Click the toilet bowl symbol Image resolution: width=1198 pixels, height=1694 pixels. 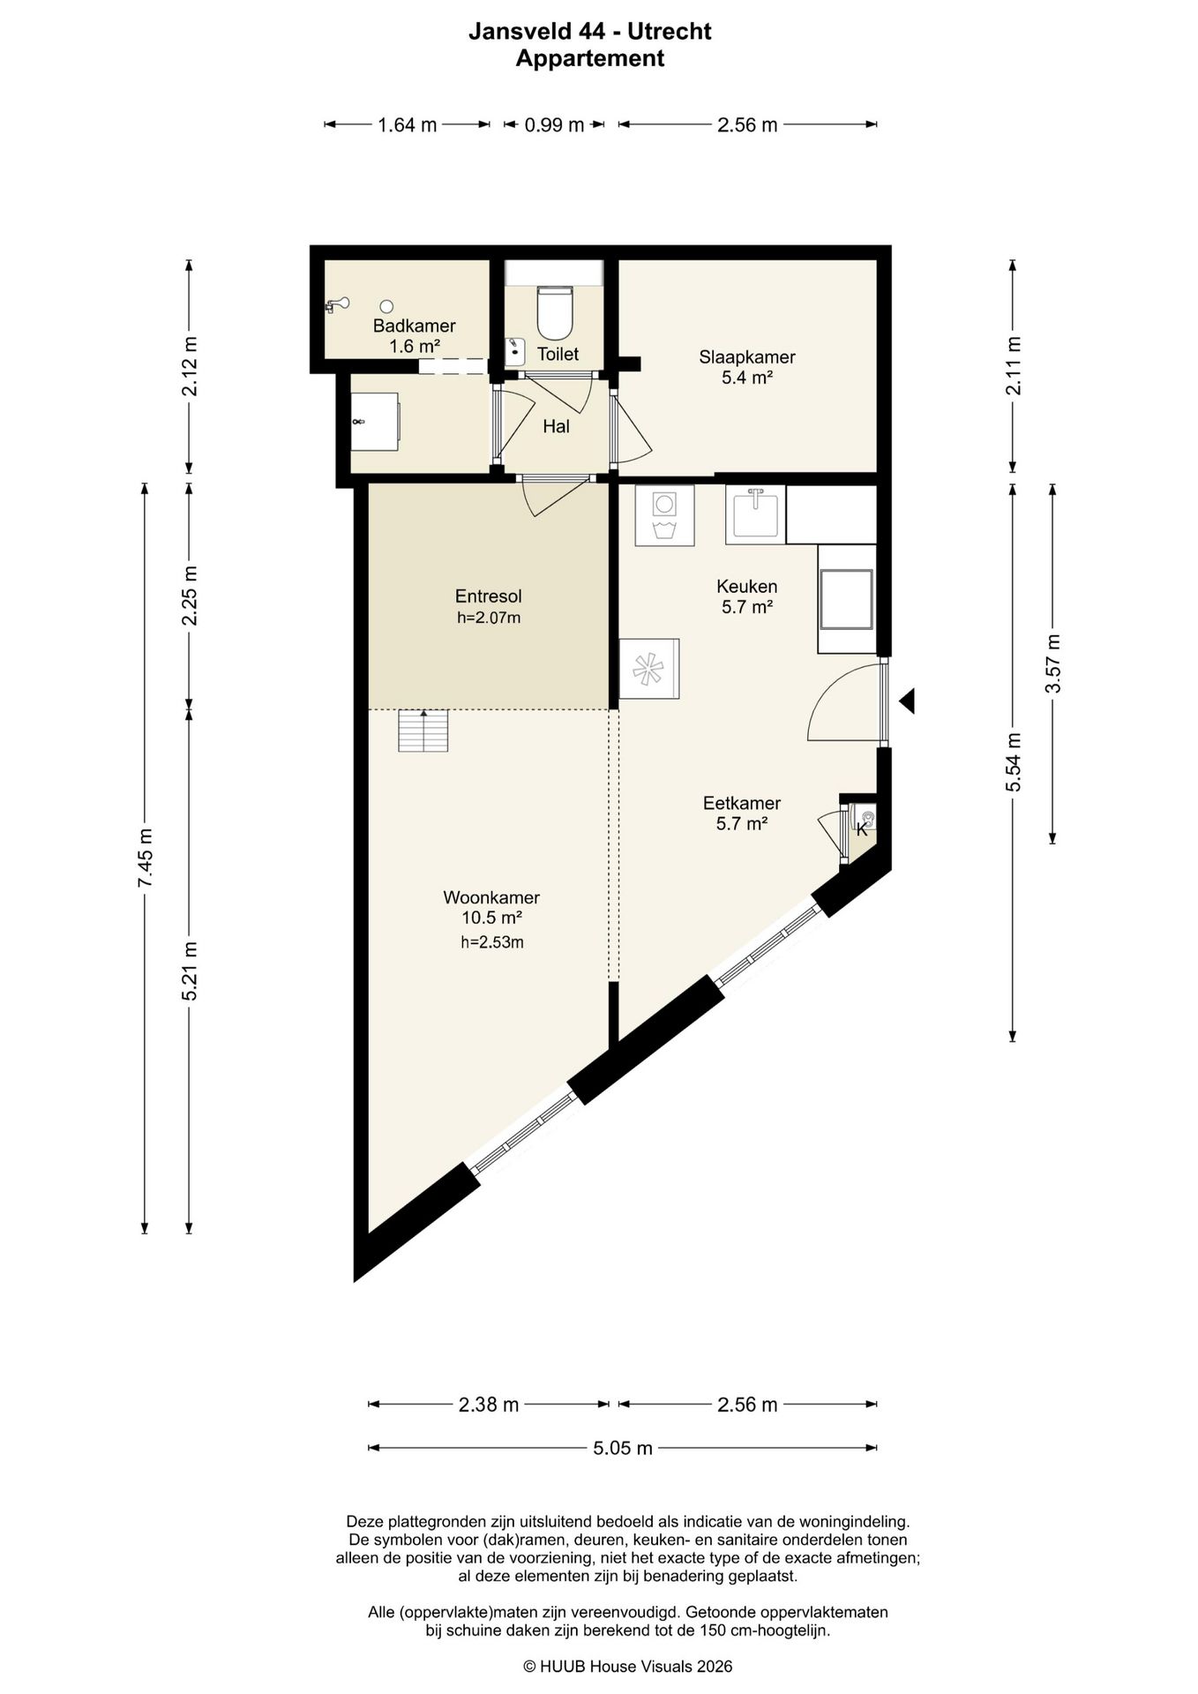click(x=555, y=312)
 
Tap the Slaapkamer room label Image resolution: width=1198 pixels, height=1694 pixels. click(x=747, y=357)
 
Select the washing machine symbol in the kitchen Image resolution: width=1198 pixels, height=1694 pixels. click(x=664, y=515)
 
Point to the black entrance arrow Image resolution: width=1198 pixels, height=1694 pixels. click(x=907, y=701)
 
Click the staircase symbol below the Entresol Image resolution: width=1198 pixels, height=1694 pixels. click(x=423, y=731)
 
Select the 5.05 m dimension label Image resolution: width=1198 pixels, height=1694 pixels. click(x=623, y=1448)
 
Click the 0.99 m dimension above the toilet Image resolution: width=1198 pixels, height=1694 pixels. click(x=555, y=125)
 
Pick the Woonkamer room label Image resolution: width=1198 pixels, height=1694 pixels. click(x=491, y=897)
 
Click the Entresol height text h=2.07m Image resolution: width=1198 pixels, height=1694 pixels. click(x=489, y=618)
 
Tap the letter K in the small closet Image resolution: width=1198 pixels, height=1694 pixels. click(x=862, y=829)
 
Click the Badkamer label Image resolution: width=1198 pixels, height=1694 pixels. click(x=415, y=326)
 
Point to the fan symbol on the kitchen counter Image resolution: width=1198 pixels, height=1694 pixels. click(x=649, y=669)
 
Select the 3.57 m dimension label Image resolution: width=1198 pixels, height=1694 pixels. click(x=1052, y=663)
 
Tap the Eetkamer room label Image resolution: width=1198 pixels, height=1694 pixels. click(x=742, y=803)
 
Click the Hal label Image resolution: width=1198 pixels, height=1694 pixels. click(x=556, y=426)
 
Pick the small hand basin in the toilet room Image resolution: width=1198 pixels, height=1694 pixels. click(x=514, y=351)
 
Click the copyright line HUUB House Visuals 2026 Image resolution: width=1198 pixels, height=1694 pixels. click(x=627, y=1666)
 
